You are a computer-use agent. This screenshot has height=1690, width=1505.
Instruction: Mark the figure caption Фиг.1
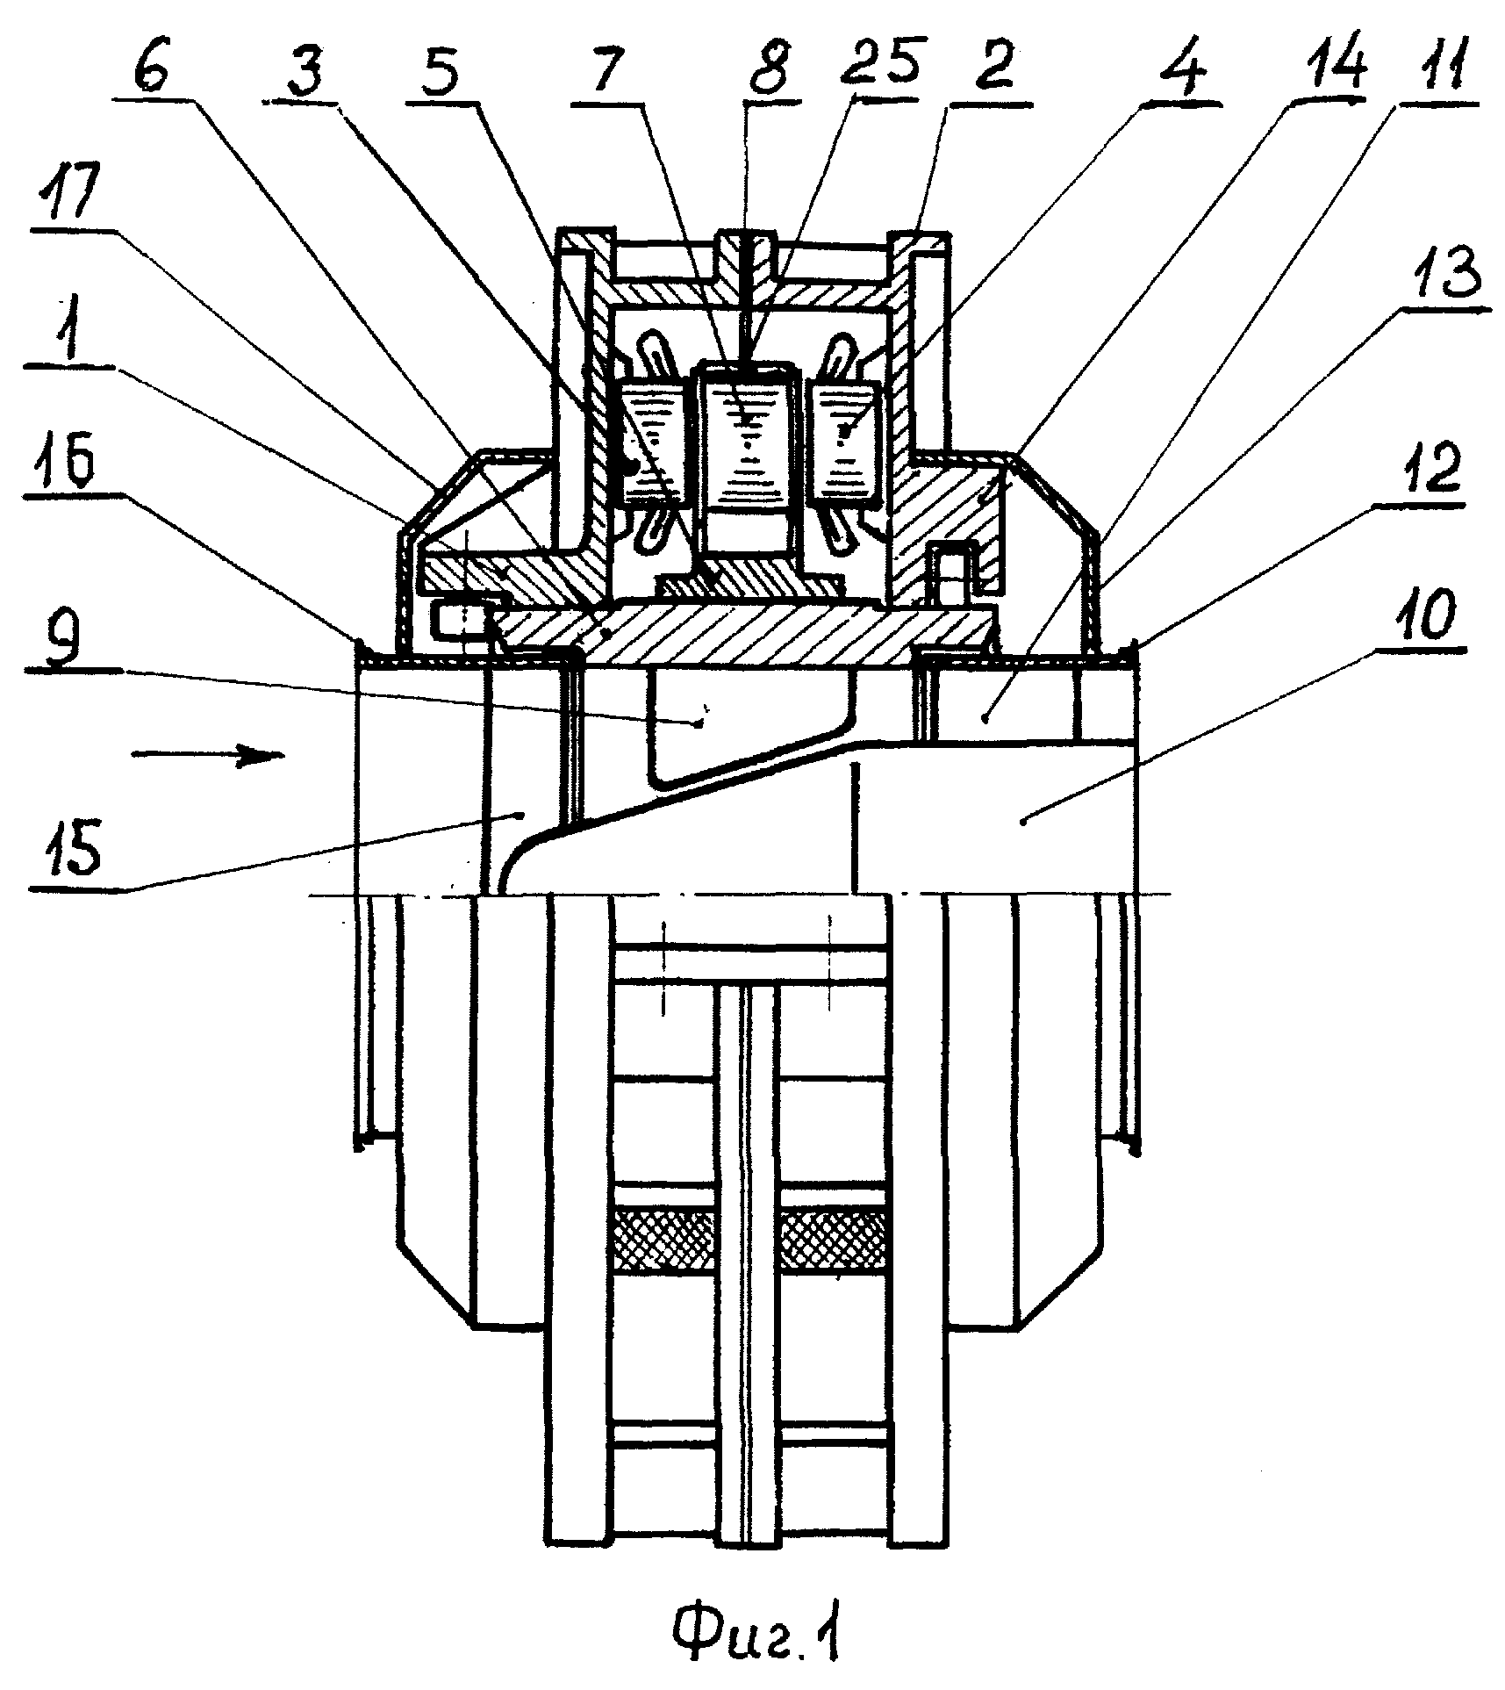click(756, 1645)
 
